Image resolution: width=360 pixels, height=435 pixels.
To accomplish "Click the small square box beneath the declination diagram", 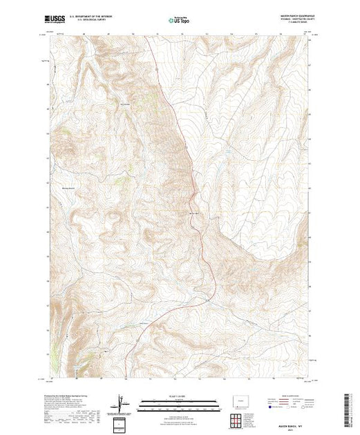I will (120, 423).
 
